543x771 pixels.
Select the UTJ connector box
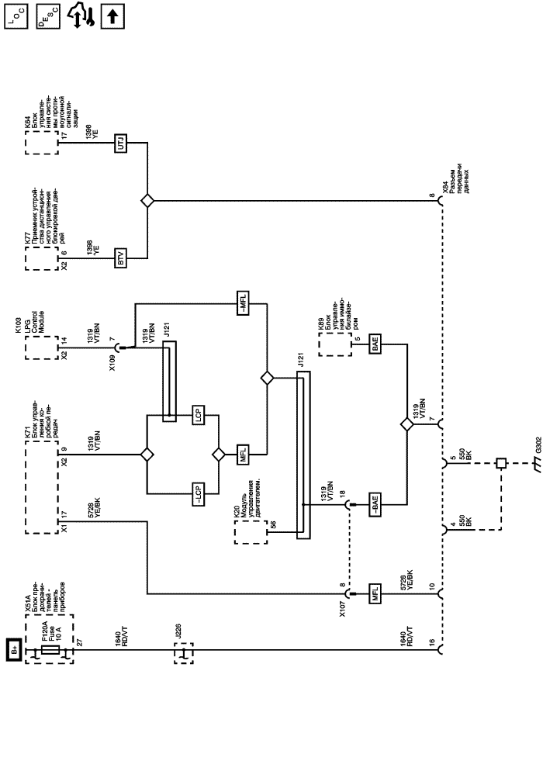[x=120, y=143]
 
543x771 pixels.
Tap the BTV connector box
[x=120, y=258]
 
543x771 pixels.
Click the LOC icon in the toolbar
[x=16, y=16]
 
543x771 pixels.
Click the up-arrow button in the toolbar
[x=112, y=16]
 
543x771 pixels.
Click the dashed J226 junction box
[x=184, y=653]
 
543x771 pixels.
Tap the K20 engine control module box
[x=251, y=532]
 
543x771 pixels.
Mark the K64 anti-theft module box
[x=42, y=143]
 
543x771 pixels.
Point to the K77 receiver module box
[x=42, y=258]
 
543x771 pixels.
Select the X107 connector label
[x=342, y=607]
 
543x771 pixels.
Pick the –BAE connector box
[x=375, y=504]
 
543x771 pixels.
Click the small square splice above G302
[x=501, y=463]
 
